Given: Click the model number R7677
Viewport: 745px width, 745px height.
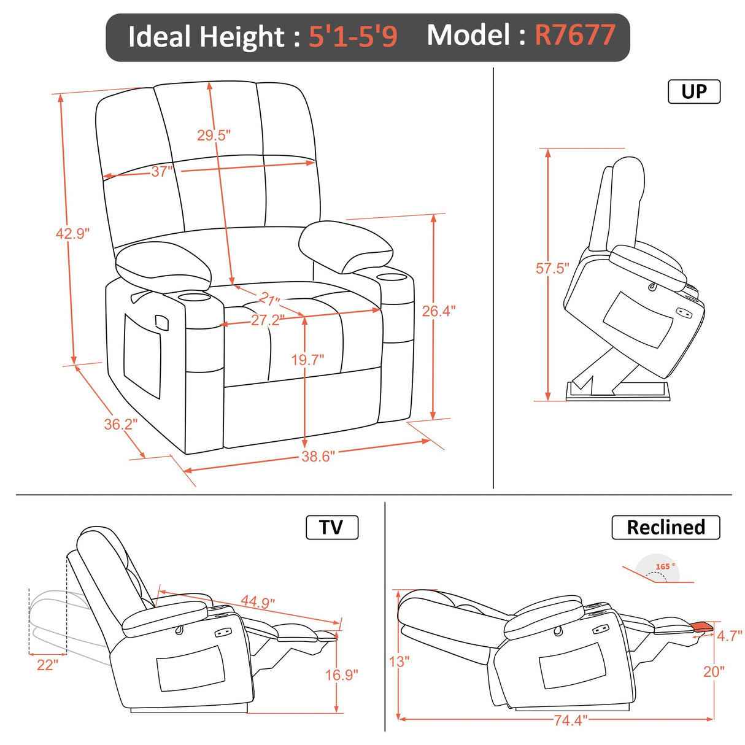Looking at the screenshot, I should (574, 36).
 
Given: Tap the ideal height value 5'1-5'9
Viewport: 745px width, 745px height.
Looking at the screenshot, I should (353, 37).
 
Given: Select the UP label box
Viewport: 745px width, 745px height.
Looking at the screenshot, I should (693, 91).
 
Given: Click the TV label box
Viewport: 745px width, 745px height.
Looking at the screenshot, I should (331, 527).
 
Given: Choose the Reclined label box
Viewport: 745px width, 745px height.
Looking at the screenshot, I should (665, 527).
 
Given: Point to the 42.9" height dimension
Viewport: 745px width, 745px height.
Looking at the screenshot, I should (72, 234).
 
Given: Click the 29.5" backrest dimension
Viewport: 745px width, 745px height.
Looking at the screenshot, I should (214, 135).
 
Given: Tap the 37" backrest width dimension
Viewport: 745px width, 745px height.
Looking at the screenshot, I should (162, 172).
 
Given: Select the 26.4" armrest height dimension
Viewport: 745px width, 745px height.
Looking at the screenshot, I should (438, 311).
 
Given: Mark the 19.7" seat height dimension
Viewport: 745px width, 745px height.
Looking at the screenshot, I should (307, 360).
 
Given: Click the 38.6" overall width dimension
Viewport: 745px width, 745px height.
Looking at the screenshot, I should (318, 457).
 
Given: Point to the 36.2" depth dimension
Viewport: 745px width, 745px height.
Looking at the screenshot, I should (120, 424).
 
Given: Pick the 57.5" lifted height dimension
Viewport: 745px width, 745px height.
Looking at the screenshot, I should (552, 268).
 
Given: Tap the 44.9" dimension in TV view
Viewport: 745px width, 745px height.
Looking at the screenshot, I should (258, 601).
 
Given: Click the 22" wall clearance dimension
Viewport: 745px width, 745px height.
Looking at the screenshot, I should (47, 665).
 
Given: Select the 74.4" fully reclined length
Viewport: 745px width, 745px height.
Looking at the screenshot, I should (570, 720).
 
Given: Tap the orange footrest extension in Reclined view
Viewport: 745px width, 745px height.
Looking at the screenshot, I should (703, 627).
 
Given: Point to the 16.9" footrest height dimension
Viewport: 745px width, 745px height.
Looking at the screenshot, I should (341, 675).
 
